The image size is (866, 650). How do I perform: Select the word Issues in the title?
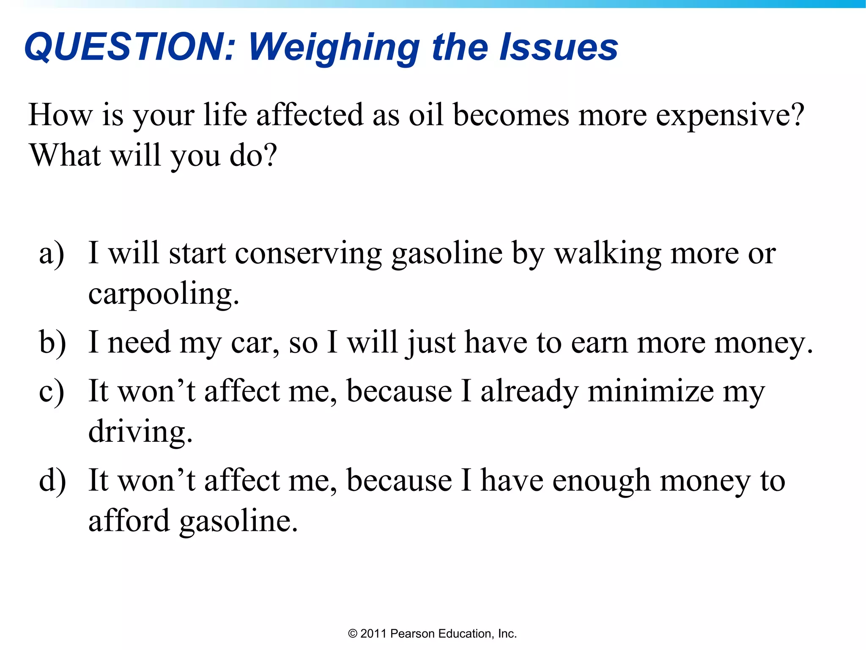point(559,47)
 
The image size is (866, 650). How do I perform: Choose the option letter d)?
point(52,481)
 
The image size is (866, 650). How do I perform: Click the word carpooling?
point(163,295)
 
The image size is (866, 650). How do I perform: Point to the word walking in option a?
point(608,254)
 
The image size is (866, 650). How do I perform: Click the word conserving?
point(308,254)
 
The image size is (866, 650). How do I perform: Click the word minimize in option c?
point(651,391)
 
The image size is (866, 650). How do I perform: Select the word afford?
point(129,521)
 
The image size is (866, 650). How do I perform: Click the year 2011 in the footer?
point(373,633)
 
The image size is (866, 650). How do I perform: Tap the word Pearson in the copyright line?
point(413,633)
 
